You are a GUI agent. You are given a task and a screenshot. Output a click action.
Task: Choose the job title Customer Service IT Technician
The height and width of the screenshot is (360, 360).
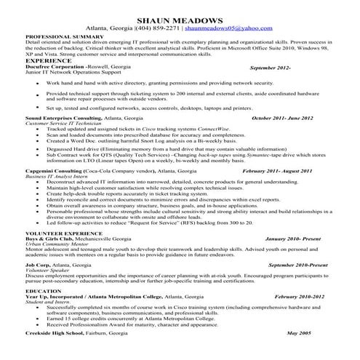[63, 124]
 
